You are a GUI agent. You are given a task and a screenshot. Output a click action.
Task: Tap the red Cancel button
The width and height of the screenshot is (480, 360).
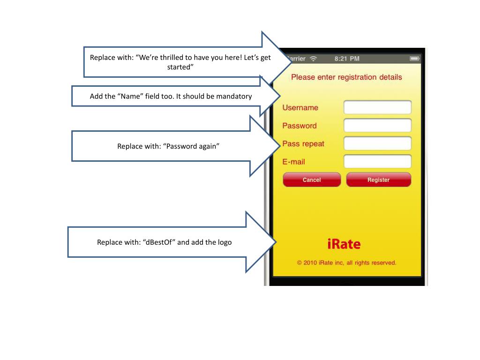click(312, 180)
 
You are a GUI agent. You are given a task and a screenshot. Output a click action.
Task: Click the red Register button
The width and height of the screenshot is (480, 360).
click(378, 180)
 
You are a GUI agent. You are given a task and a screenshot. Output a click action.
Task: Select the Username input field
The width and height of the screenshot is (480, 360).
click(377, 107)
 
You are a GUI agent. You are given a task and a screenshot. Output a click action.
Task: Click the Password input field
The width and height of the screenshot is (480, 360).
click(377, 126)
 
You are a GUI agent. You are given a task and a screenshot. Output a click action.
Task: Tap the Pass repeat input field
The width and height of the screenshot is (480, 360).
click(377, 143)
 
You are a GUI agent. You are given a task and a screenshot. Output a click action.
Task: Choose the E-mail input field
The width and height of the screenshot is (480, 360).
click(377, 162)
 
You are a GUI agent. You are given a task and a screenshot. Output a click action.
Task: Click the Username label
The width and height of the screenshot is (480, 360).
click(300, 108)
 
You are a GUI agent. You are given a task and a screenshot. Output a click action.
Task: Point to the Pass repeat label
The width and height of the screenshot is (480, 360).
click(303, 144)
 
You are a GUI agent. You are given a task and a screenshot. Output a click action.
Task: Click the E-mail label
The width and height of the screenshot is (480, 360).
click(293, 162)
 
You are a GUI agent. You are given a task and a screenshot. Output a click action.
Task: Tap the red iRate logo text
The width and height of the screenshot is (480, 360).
click(344, 244)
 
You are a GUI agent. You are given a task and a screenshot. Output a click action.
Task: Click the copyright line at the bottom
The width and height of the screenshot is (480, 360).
click(346, 263)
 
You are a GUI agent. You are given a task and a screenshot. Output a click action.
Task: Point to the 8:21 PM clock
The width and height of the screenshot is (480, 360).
click(347, 59)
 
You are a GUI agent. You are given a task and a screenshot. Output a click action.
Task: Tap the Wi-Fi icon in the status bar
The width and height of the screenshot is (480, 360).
click(313, 59)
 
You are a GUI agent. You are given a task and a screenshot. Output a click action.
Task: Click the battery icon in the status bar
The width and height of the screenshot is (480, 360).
click(414, 59)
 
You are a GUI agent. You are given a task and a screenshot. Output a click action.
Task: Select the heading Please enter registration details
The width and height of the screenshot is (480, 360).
click(346, 77)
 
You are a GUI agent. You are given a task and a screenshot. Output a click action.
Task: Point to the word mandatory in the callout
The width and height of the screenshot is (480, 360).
click(234, 97)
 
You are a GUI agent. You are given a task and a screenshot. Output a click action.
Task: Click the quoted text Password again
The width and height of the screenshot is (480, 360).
click(192, 146)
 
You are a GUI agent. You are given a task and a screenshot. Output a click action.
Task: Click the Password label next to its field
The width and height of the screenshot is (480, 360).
click(299, 126)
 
